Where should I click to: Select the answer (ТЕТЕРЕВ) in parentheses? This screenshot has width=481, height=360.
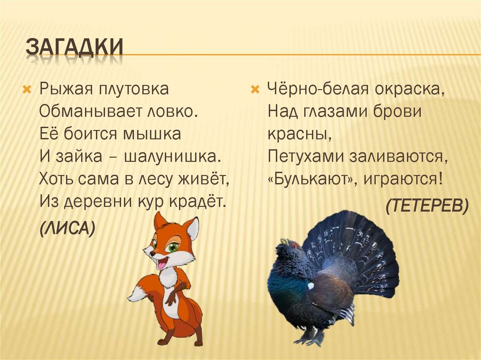tap(427, 205)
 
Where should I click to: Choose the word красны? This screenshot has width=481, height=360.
tap(297, 134)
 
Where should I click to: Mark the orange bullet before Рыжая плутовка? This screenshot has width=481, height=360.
tap(27, 88)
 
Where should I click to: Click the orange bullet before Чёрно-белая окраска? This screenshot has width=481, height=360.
tap(255, 88)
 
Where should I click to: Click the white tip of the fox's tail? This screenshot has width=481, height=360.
tap(136, 294)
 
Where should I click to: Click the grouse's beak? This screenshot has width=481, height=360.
tap(283, 242)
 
